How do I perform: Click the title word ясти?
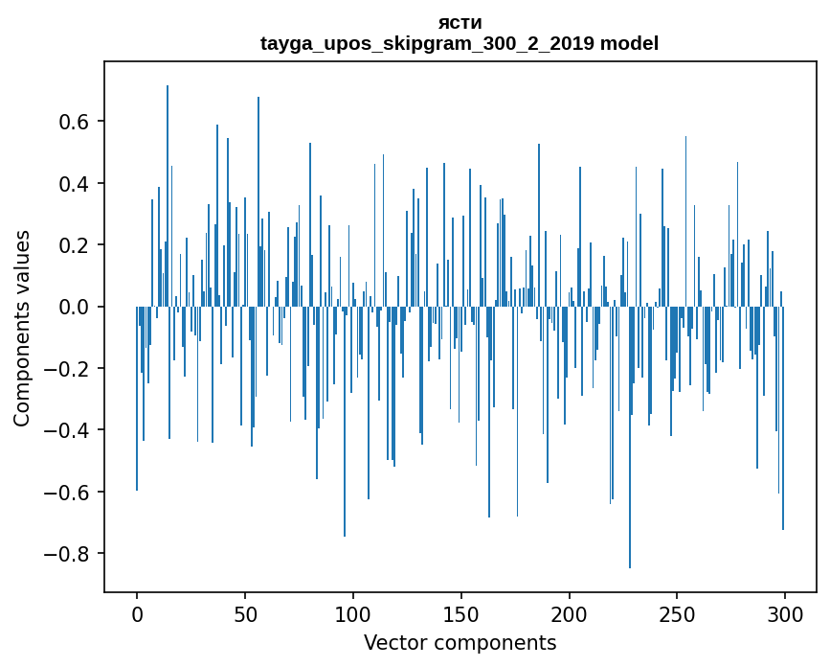pos(460,22)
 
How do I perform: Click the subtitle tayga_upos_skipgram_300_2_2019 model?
pos(460,43)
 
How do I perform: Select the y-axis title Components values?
pos(21,328)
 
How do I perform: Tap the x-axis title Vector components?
pos(460,642)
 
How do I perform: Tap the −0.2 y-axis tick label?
pos(69,369)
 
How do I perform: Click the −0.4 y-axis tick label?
pos(69,430)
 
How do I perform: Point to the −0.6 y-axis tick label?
pos(69,493)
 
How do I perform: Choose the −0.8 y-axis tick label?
pos(69,554)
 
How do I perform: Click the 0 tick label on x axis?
pos(137,613)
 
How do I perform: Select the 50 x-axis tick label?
pos(245,613)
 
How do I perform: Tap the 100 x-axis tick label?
pos(353,613)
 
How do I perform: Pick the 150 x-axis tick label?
pos(461,613)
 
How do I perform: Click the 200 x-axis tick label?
pos(569,613)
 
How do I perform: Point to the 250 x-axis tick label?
pos(677,613)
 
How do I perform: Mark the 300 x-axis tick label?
pos(785,613)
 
